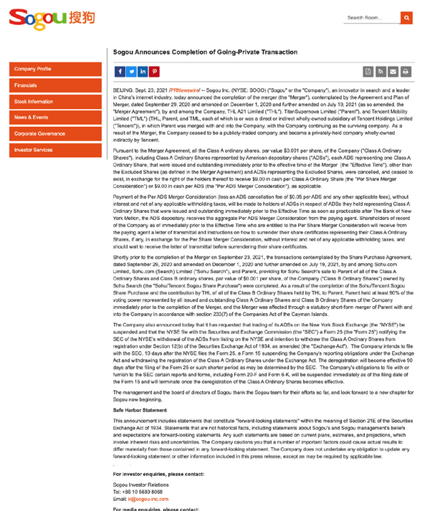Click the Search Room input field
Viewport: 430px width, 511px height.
pyautogui.click(x=371, y=18)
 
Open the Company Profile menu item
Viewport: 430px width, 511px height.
pyautogui.click(x=56, y=69)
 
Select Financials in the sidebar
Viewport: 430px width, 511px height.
pyautogui.click(x=56, y=85)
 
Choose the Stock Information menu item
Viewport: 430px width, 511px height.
pyautogui.click(x=56, y=102)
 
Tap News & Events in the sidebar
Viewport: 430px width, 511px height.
pyautogui.click(x=56, y=118)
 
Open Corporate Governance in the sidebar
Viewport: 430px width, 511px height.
pyautogui.click(x=56, y=134)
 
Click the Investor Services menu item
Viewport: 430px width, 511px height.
pyautogui.click(x=56, y=150)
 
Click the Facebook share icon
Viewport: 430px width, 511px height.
pyautogui.click(x=119, y=72)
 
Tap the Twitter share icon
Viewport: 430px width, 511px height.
pyautogui.click(x=131, y=72)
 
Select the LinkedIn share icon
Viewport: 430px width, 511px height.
pyautogui.click(x=143, y=72)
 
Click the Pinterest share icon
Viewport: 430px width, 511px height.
pyautogui.click(x=155, y=72)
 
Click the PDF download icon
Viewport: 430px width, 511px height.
pyautogui.click(x=368, y=72)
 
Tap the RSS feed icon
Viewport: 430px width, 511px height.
pyautogui.click(x=381, y=72)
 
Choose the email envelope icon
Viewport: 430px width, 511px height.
pyautogui.click(x=393, y=72)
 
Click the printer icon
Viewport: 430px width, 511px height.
pyautogui.click(x=406, y=72)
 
